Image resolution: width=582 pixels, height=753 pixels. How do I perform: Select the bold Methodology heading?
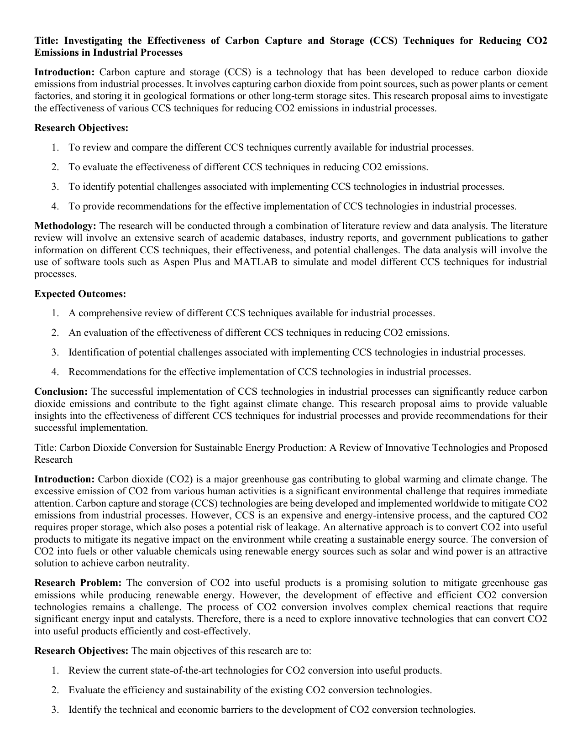pyautogui.click(x=65, y=226)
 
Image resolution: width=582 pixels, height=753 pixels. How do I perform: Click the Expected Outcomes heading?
pyautogui.click(x=80, y=293)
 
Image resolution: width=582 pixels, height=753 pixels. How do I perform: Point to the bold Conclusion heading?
pyautogui.click(x=61, y=392)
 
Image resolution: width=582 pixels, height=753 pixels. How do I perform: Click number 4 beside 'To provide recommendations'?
pyautogui.click(x=55, y=206)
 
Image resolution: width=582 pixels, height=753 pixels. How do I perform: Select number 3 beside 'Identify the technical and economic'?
pyautogui.click(x=55, y=710)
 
